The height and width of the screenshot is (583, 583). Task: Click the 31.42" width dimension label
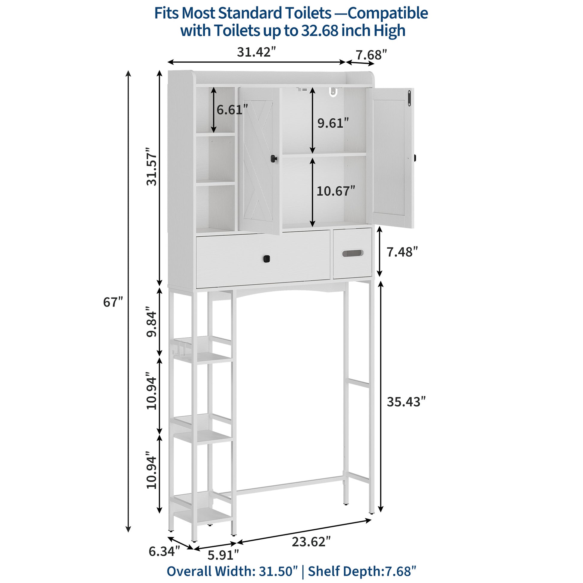click(256, 52)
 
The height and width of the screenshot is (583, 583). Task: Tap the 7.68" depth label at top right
click(371, 55)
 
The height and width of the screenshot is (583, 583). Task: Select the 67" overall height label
click(113, 302)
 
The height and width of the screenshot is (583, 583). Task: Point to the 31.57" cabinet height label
click(152, 167)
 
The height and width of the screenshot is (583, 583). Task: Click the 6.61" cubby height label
click(232, 110)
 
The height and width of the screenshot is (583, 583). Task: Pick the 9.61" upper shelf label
click(333, 123)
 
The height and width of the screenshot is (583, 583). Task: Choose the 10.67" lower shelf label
click(336, 191)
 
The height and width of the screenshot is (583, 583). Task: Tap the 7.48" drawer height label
click(403, 252)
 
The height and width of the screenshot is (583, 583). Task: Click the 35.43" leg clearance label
click(406, 402)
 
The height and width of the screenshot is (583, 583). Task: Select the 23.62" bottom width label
click(311, 542)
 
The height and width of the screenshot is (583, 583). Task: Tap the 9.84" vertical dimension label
click(152, 322)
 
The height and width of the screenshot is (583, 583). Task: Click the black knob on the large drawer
click(267, 259)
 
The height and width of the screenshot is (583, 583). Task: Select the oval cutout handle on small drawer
click(352, 253)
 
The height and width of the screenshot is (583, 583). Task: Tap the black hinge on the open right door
click(409, 98)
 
